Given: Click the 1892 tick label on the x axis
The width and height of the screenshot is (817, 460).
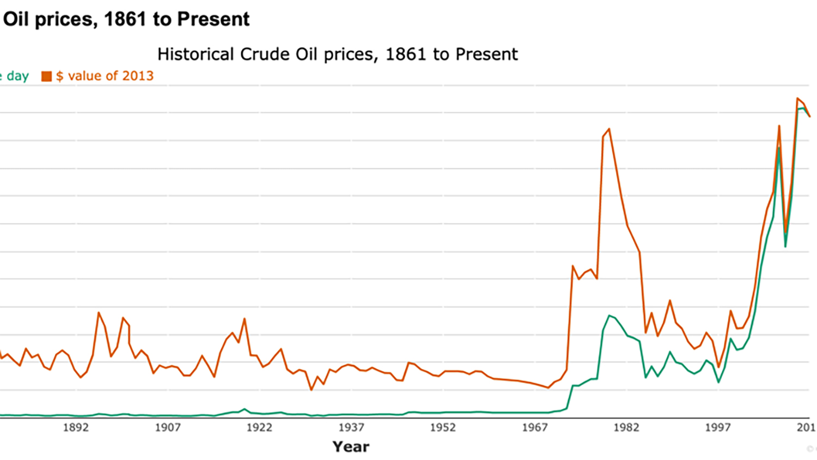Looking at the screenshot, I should coord(76,427).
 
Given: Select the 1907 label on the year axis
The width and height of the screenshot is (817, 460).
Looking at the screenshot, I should coord(167,427).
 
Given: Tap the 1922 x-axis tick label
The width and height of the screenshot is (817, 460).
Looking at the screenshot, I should coord(259,427).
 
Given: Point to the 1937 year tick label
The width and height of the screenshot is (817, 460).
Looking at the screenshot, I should coord(351,427).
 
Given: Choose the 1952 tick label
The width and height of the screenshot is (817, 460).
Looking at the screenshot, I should coord(443,427).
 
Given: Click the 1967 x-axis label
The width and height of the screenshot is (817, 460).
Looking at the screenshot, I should coord(534,427).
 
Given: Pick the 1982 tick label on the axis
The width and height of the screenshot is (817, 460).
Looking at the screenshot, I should coord(626,427).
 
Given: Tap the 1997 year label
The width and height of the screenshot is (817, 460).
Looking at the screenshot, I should coord(718,427).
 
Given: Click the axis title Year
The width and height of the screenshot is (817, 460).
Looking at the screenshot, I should coord(351,447).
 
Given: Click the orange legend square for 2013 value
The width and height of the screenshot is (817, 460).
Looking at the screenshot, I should coord(47,76).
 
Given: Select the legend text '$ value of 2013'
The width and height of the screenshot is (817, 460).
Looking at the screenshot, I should coord(105,76).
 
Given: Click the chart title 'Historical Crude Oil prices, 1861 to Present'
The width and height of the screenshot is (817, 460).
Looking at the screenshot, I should coord(337,55).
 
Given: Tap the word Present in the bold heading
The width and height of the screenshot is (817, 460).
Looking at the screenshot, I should coord(214,19).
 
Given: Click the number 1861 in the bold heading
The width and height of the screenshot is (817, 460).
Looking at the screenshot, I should coord(126,19).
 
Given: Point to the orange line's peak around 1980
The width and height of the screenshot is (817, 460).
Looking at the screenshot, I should coord(609,129).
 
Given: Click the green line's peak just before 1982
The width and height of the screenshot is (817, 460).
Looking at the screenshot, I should coord(609,316).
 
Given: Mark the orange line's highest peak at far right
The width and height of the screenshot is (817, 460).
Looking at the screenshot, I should coord(797,99).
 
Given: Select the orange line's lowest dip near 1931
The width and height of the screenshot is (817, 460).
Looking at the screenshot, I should coord(311,390).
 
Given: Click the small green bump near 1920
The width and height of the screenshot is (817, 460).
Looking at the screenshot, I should coord(245,409).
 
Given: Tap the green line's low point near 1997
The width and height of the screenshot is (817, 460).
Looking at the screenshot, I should coord(718,382).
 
